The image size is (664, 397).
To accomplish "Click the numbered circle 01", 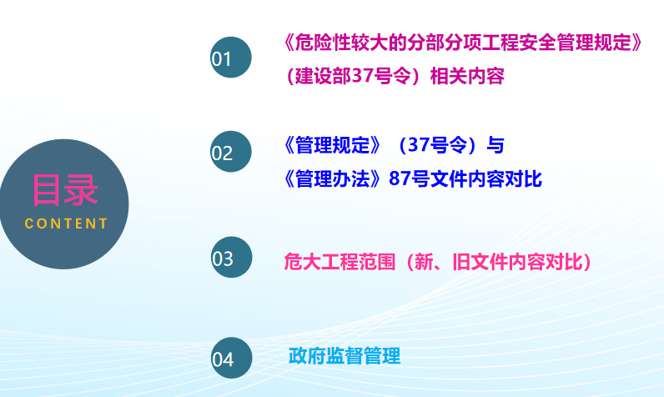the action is pos(231,58).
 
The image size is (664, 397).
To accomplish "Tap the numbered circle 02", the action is pos(231,152).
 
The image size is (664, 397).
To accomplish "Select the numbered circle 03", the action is pos(231,257).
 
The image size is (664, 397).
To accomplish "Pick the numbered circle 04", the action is pos(231,358).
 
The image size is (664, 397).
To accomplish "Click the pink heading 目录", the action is pos(65,190).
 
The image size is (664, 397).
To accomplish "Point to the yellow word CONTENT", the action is pos(66,224).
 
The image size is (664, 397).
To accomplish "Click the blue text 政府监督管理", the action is pos(345,355).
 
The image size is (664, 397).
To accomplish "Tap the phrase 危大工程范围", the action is pos(340,262).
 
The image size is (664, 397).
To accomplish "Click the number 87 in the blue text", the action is pos(400,178).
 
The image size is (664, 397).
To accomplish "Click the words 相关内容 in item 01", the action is pos(467,76).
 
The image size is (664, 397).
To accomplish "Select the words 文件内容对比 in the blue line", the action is pos(486,178).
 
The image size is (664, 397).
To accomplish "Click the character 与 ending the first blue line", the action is pos(495,145).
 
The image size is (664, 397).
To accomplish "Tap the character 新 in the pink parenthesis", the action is pos(424,262).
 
